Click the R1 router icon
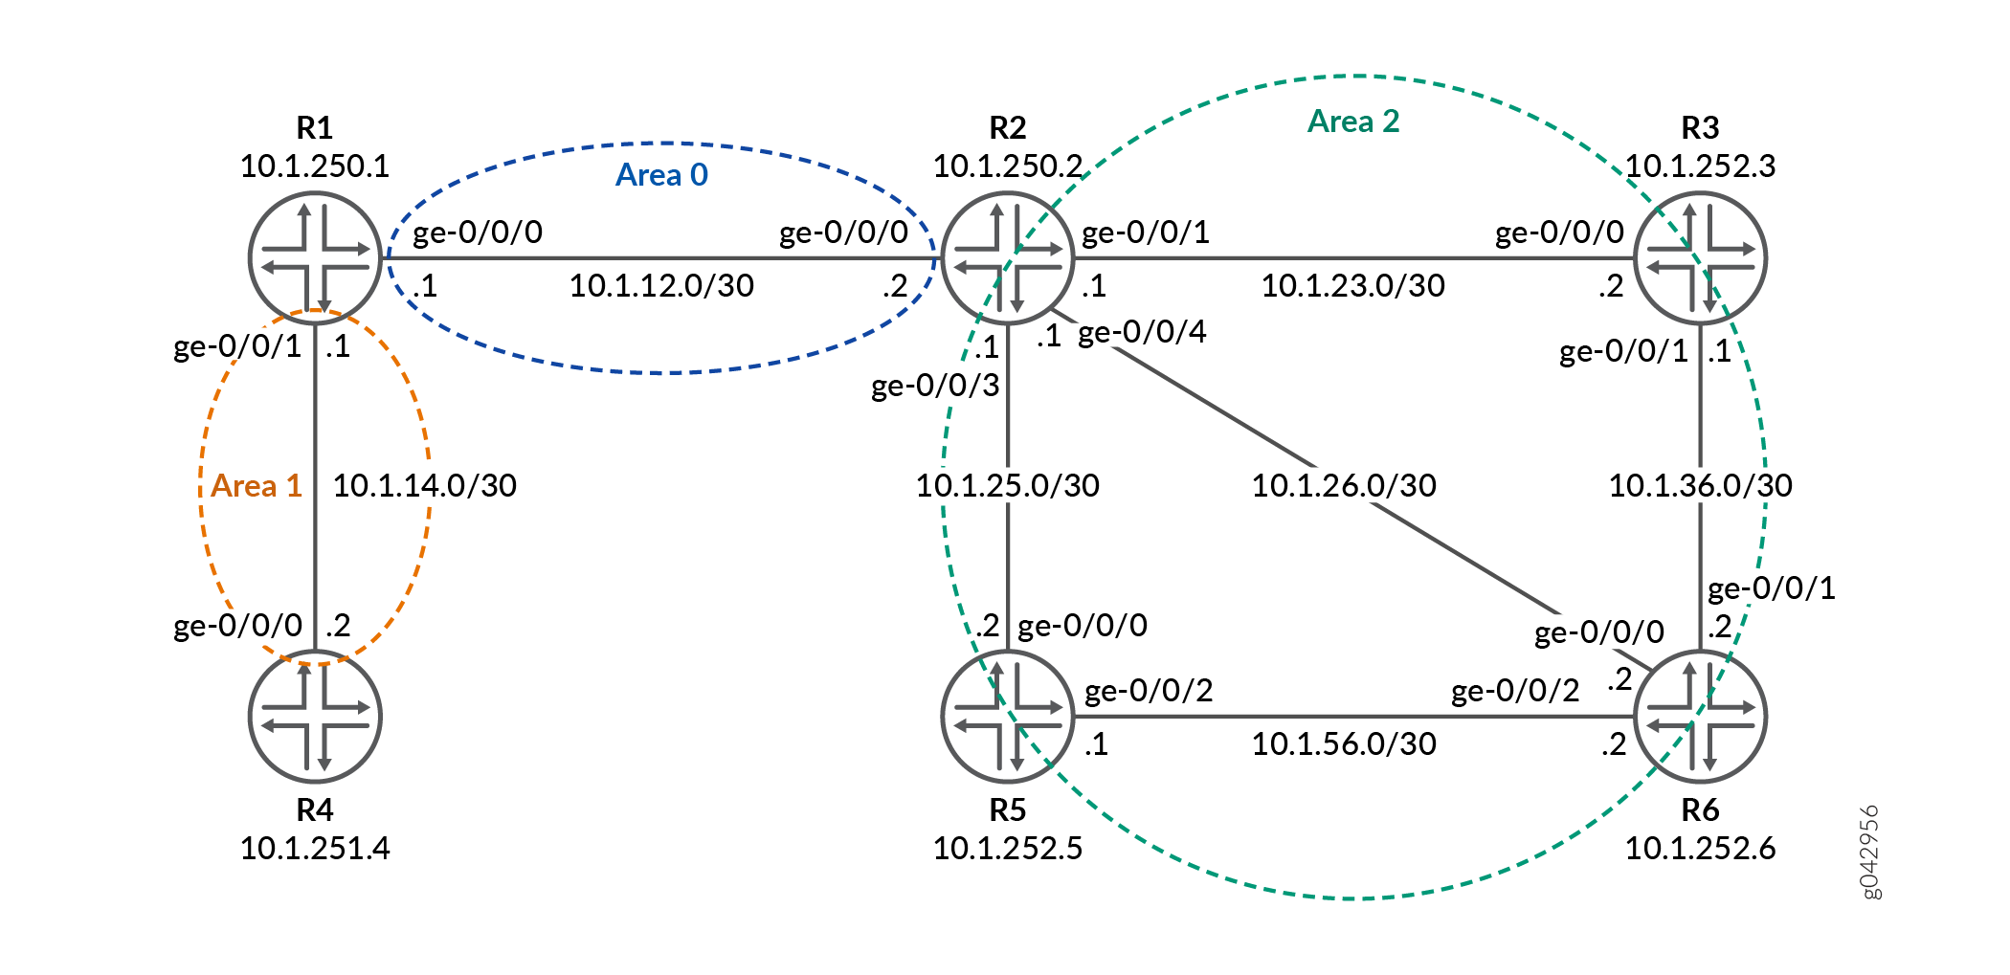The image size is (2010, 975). point(315,258)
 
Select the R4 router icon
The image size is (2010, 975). point(315,717)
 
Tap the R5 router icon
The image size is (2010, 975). point(1008,717)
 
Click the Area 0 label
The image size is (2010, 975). point(661,175)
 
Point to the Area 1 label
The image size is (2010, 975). point(257,486)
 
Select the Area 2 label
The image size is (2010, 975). point(1353,122)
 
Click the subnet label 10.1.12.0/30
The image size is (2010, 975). point(661,285)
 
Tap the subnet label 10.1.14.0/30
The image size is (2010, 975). point(425,485)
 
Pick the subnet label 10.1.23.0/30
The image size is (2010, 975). point(1353,285)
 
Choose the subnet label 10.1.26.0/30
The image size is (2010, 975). point(1345,485)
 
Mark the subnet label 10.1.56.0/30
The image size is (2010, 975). point(1345,743)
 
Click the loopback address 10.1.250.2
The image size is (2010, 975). point(1008,166)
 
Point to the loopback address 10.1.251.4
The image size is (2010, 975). point(315,848)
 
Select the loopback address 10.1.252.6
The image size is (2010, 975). point(1701,848)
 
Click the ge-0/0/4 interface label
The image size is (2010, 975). point(1142,332)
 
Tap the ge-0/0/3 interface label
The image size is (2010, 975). point(935,386)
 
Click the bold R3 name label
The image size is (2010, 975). point(1701,127)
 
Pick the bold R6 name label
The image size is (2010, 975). point(1701,810)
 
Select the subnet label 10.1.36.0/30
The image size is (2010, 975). point(1701,485)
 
